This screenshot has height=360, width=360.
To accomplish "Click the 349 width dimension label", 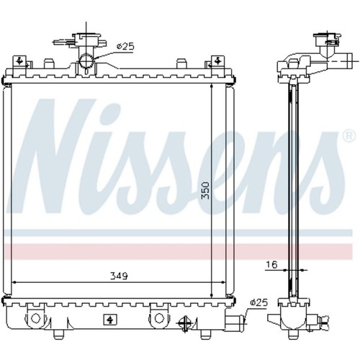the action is pyautogui.click(x=119, y=276).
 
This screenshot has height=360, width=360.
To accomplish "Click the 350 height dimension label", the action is pyautogui.click(x=205, y=190).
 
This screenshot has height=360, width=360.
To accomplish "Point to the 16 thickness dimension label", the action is pyautogui.click(x=271, y=264).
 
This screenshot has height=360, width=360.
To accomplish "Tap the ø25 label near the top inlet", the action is pyautogui.click(x=125, y=47).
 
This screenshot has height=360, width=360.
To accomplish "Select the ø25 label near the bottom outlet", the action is pyautogui.click(x=258, y=302).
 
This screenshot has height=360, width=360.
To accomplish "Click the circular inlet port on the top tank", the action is pyautogui.click(x=86, y=62).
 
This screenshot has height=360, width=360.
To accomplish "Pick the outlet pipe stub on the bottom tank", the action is pyautogui.click(x=235, y=320).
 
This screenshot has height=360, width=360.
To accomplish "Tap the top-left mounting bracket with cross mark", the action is pyautogui.click(x=19, y=61).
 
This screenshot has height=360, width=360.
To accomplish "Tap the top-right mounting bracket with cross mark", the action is pyautogui.click(x=218, y=61).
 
